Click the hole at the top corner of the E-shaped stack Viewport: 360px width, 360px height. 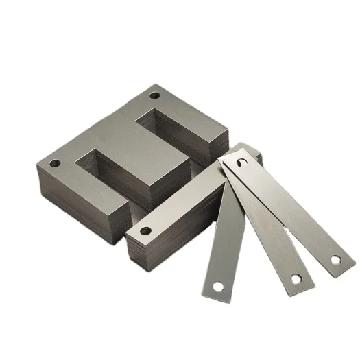(154, 96)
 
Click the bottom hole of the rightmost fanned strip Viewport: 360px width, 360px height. (334, 261)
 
